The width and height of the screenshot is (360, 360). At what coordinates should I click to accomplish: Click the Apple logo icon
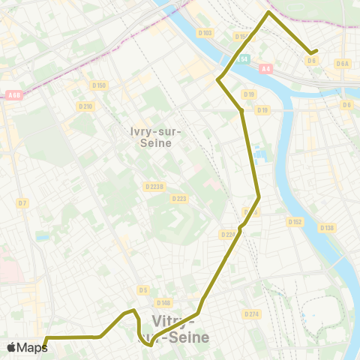11,347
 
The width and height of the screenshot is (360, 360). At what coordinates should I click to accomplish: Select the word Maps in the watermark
32,347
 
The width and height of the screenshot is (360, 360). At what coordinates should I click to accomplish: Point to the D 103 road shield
207,33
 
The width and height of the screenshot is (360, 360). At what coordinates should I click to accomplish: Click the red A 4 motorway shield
266,69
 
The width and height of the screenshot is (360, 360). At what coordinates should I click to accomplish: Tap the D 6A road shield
343,64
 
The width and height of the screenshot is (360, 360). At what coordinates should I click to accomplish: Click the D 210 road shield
86,106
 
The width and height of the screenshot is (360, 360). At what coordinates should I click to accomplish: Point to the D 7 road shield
22,202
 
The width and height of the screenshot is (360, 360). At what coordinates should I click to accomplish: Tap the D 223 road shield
178,199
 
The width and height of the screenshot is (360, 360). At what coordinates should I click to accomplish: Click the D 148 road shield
164,303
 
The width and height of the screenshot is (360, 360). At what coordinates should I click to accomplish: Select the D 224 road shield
228,235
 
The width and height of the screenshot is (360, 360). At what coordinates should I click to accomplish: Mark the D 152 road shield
295,221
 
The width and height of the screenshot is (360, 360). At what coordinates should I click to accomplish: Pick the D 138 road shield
326,227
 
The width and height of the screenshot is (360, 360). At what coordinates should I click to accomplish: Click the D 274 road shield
251,313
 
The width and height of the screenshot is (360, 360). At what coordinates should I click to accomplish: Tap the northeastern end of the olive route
316,51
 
